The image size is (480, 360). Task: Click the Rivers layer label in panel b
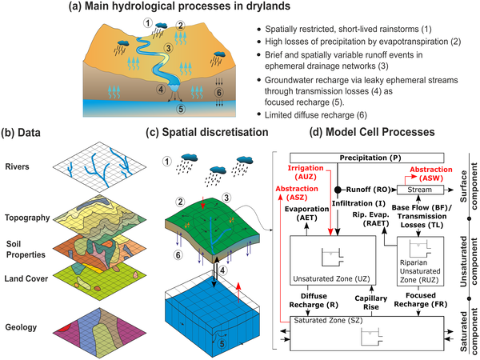point(18,169)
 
